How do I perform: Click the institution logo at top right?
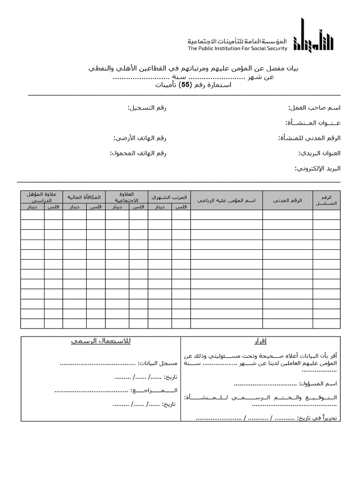313,37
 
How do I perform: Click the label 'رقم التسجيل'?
147,108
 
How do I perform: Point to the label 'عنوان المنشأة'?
313,123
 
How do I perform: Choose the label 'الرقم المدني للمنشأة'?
309,138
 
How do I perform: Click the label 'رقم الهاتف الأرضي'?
140,138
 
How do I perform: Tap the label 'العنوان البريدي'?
319,153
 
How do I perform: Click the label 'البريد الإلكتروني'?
317,168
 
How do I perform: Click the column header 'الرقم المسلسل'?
326,200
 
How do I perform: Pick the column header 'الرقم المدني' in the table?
288,200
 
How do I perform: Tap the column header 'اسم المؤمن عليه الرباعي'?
226,200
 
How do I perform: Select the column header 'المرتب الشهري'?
169,197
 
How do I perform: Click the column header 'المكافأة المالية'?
84,197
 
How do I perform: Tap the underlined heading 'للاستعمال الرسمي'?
101,341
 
